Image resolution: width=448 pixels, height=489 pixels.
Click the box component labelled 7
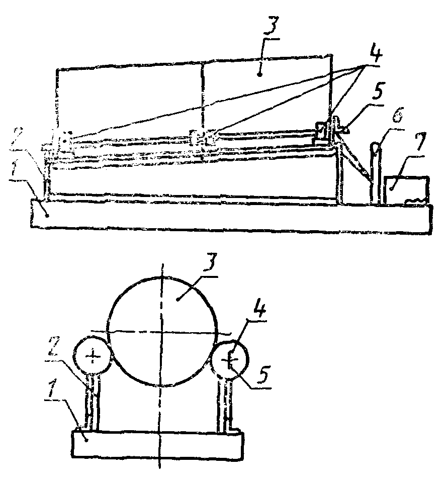click(x=406, y=190)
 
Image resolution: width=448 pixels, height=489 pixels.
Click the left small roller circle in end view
click(x=94, y=356)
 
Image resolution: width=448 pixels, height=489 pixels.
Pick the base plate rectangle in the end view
click(x=158, y=444)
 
